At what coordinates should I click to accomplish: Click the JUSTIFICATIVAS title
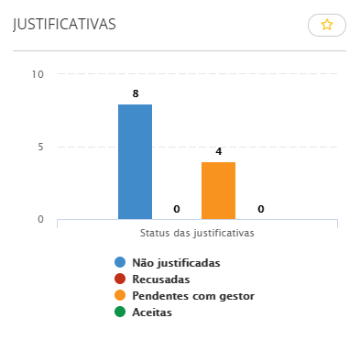point(64,25)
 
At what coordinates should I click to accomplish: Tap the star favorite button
point(327,26)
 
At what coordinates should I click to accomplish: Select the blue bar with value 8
point(135,161)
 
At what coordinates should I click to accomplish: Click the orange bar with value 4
point(218,190)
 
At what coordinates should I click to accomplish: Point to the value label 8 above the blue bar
point(135,93)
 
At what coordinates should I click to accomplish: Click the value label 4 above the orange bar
point(218,151)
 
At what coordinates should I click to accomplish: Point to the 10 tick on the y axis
point(38,74)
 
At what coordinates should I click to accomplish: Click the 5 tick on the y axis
point(40,147)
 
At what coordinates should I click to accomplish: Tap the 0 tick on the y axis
point(40,219)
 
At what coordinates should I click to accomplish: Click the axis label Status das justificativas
point(197,233)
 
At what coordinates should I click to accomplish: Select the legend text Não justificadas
point(176,263)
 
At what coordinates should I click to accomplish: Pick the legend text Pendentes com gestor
point(192,296)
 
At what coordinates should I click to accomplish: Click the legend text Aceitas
point(152,313)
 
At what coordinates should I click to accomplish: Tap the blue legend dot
point(120,263)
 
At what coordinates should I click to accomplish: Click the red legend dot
point(120,280)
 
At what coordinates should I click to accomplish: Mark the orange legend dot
point(120,296)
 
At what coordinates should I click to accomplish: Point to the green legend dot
point(120,313)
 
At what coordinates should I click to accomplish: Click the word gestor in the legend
point(235,296)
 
